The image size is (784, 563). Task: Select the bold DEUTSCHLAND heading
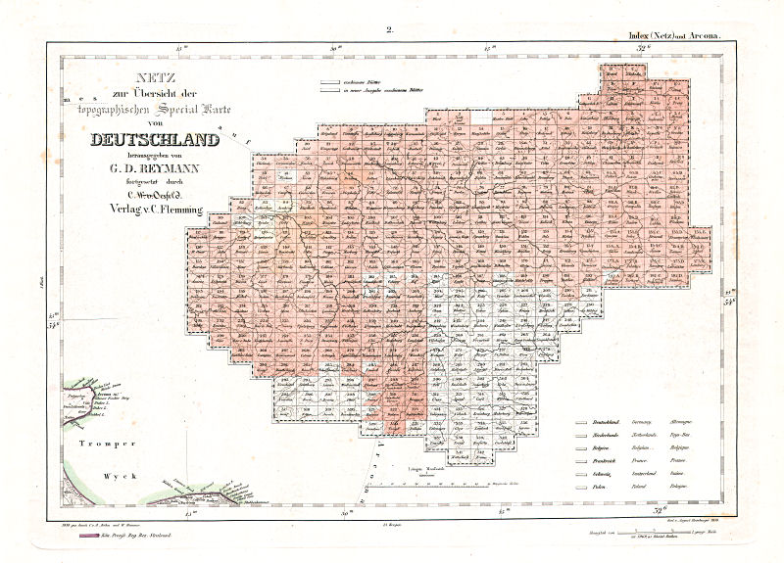point(154,140)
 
